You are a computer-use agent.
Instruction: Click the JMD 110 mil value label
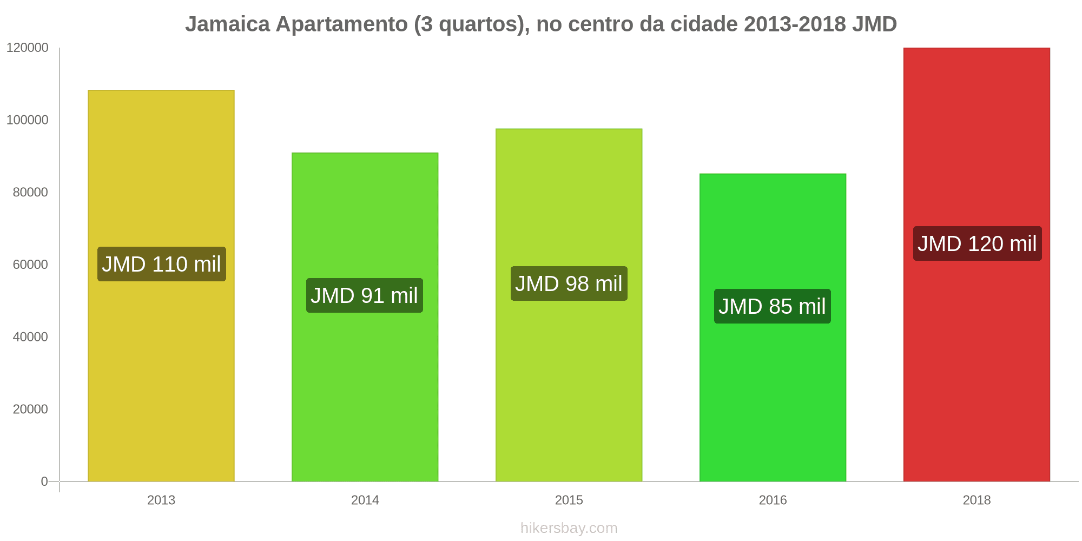tap(161, 264)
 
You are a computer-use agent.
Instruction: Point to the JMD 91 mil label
tap(364, 295)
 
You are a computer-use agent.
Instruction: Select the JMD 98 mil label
tap(569, 283)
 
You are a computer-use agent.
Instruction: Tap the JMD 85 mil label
tap(772, 306)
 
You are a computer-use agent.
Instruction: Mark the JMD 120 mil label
tap(977, 243)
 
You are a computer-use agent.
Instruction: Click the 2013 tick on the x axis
tap(161, 500)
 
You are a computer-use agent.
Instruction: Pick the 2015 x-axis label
tap(569, 500)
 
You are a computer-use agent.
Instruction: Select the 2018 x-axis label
tap(977, 500)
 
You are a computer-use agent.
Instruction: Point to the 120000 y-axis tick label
tap(27, 48)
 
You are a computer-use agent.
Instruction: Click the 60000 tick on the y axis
tap(30, 265)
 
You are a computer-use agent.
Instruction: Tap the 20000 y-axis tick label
tap(30, 409)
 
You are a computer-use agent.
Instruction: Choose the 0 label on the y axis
tap(44, 481)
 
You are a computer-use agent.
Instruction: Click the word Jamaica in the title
tap(227, 24)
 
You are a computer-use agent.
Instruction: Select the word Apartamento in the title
tap(342, 24)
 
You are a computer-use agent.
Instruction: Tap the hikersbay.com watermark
tap(569, 527)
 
